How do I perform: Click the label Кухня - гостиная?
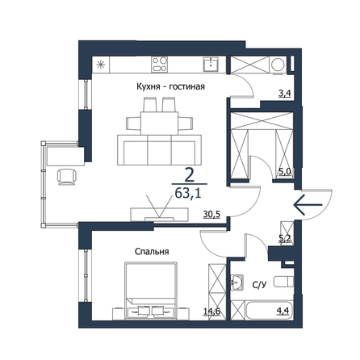click(x=170, y=86)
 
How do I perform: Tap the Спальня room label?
click(x=152, y=252)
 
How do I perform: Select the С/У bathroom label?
click(x=260, y=285)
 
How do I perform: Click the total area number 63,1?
click(x=188, y=193)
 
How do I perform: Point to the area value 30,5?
click(x=211, y=214)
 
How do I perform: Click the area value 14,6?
click(x=212, y=312)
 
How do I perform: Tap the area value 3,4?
click(x=285, y=94)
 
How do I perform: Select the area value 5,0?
click(x=285, y=172)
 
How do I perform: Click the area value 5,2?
click(x=285, y=237)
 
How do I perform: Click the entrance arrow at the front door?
click(x=308, y=205)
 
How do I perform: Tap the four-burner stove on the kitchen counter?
click(x=159, y=65)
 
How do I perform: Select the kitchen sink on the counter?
click(x=211, y=65)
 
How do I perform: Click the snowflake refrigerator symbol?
click(x=101, y=65)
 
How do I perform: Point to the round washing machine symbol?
click(x=277, y=65)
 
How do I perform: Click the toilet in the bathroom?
click(x=283, y=282)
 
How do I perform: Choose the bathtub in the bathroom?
click(x=270, y=311)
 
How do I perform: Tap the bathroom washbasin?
click(x=237, y=283)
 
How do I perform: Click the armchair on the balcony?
click(x=67, y=177)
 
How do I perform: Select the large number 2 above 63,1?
click(x=190, y=175)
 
